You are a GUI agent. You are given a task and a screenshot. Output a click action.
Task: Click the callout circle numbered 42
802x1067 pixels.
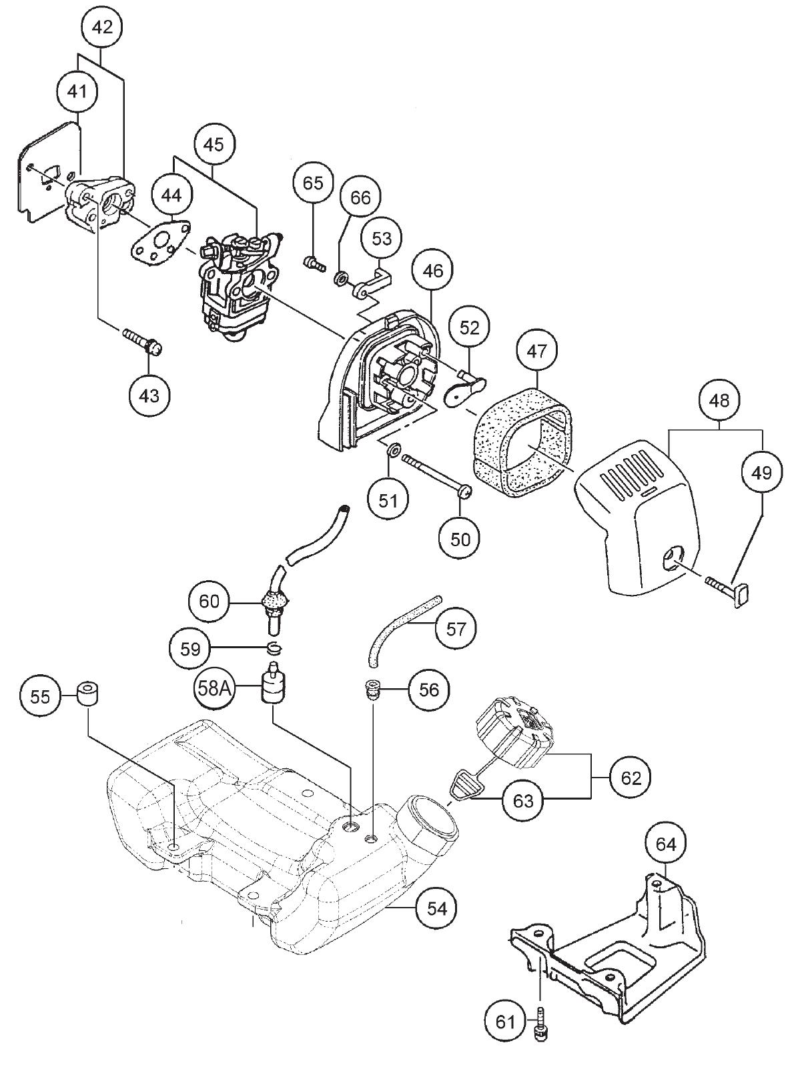coord(101,27)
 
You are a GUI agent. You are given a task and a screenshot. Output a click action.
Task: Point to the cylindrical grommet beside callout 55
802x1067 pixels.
coord(89,694)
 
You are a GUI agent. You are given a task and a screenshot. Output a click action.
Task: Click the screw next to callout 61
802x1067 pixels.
coord(540,1025)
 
